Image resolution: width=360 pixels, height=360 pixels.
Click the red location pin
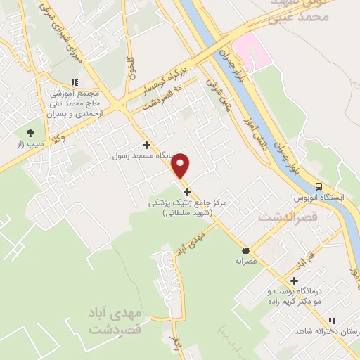tap(181, 166)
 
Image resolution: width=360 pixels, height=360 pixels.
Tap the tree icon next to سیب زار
tap(30, 132)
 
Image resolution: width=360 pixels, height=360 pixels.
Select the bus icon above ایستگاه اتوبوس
tap(319, 187)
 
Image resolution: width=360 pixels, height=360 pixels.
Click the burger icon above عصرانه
tap(245, 250)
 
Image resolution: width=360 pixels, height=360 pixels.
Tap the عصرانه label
tap(245, 260)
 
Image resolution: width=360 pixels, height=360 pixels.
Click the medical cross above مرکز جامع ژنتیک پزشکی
tap(186, 192)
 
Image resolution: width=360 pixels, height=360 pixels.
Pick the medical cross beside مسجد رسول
tap(146, 144)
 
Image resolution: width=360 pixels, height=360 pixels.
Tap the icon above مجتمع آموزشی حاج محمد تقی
tap(75, 83)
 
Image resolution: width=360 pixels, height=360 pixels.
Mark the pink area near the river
tap(250, 50)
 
